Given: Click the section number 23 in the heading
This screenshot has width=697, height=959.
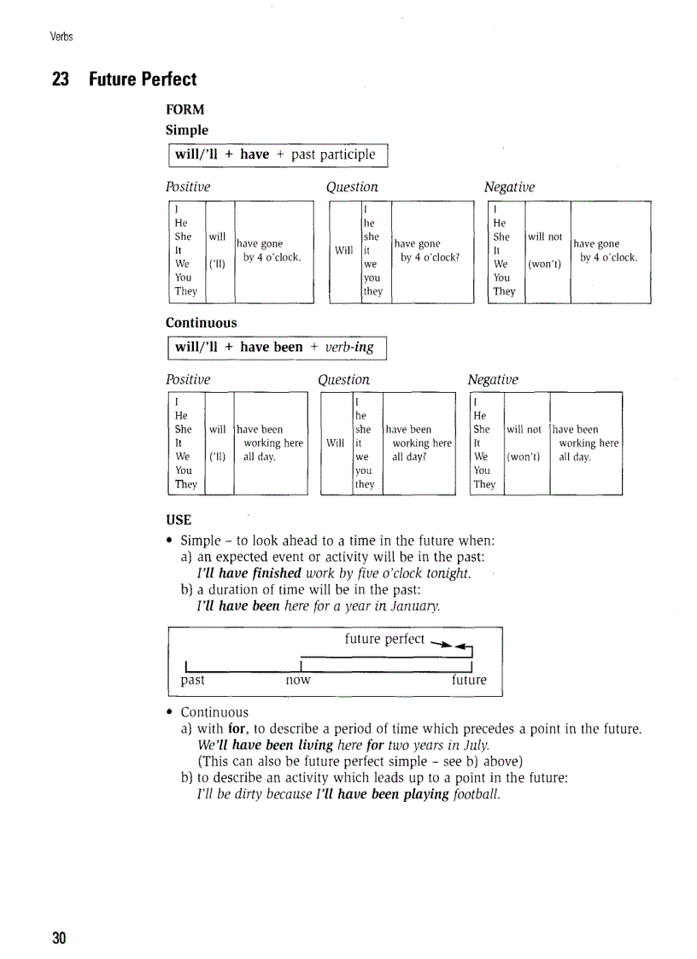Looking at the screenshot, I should coord(60,79).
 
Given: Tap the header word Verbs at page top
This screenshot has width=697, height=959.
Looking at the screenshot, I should coord(61,36).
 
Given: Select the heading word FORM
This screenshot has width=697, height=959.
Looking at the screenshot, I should coord(185,110).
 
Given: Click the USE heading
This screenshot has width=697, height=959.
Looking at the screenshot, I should coord(179,520).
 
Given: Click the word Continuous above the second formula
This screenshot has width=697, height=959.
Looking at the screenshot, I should coord(202,323).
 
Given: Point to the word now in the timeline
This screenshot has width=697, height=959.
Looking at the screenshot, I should coord(297,681).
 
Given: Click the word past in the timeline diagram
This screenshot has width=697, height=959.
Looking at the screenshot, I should coord(192,681).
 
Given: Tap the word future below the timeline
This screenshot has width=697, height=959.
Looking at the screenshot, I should coord(469,681).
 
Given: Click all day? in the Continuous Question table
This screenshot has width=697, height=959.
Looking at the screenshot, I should coord(408,457).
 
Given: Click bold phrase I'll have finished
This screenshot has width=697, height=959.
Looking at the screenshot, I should coord(249,573).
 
